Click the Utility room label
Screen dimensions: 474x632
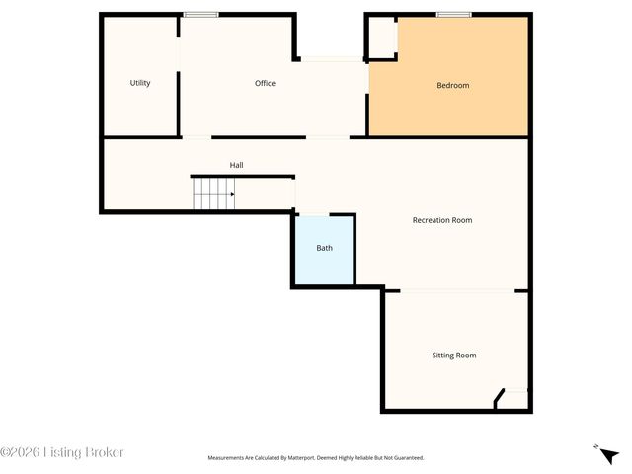(x=140, y=83)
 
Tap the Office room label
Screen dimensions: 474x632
(x=265, y=83)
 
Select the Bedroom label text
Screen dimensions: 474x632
(x=453, y=85)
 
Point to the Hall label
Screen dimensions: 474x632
(x=237, y=165)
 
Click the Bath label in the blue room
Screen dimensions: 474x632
(x=324, y=248)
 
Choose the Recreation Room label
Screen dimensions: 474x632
(x=442, y=220)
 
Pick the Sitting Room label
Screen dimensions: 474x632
(x=454, y=355)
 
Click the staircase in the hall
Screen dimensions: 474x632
(x=212, y=194)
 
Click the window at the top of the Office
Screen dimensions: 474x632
(x=200, y=14)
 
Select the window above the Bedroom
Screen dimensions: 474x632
(x=454, y=14)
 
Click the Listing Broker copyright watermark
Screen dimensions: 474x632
(x=62, y=452)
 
